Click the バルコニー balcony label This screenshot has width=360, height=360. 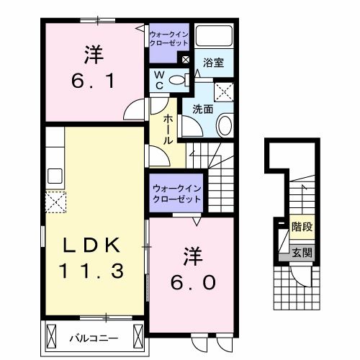94,336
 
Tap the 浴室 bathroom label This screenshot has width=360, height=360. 213,63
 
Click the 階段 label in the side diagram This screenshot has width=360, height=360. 302,225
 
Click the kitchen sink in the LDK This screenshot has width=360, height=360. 55,175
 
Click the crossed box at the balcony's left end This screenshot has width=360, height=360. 53,336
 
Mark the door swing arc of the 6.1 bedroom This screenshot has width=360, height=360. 135,110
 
